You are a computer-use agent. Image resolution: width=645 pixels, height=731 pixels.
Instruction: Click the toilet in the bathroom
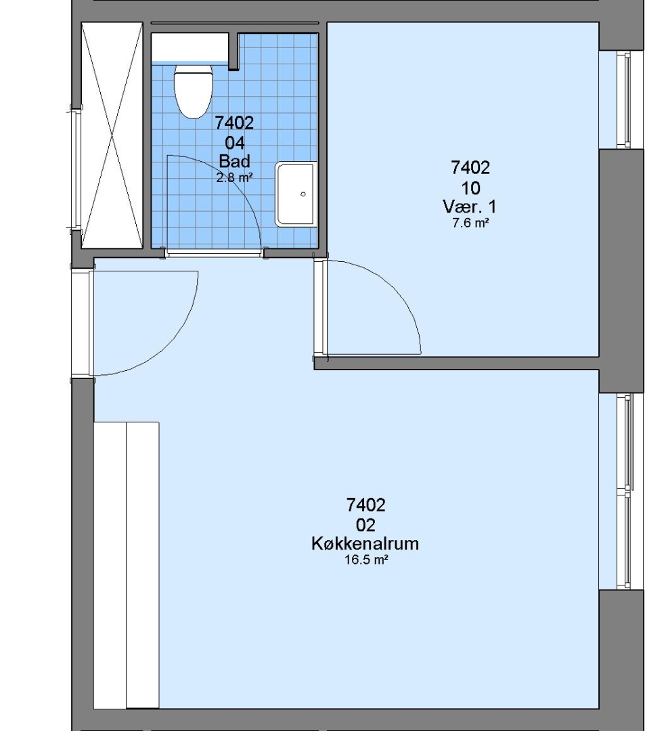(193, 91)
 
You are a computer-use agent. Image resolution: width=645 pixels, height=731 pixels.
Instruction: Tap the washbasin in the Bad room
(296, 194)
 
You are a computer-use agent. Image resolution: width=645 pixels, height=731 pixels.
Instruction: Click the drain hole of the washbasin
(303, 194)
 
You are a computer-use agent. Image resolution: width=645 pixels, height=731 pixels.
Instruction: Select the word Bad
(234, 161)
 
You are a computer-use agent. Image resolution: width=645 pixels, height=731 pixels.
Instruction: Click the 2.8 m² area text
(234, 177)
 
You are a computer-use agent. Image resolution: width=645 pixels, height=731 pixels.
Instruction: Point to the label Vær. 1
(470, 206)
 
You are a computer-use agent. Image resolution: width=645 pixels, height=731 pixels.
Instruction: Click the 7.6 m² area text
(470, 223)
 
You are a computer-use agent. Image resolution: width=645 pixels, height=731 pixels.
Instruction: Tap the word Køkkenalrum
(365, 544)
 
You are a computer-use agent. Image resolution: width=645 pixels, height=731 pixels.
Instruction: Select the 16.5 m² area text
(366, 560)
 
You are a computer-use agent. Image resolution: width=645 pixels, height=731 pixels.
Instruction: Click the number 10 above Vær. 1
(470, 188)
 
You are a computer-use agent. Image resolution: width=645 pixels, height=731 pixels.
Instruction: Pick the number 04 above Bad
(235, 143)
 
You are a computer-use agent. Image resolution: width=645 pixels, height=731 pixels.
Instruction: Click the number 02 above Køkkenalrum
(366, 525)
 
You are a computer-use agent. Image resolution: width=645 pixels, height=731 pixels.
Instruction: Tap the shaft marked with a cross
(112, 135)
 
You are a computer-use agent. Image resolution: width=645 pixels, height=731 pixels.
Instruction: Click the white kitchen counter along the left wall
(127, 565)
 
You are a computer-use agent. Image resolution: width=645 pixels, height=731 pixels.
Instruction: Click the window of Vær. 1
(624, 99)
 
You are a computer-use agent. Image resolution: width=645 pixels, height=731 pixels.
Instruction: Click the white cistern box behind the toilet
(190, 47)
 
